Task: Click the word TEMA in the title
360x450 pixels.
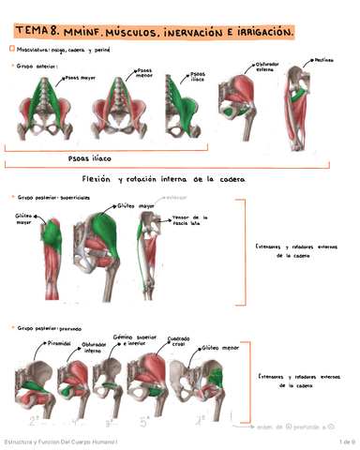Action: click(32, 33)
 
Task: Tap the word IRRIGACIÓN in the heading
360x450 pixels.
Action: click(253, 33)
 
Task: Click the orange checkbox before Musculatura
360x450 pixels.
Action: click(9, 49)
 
